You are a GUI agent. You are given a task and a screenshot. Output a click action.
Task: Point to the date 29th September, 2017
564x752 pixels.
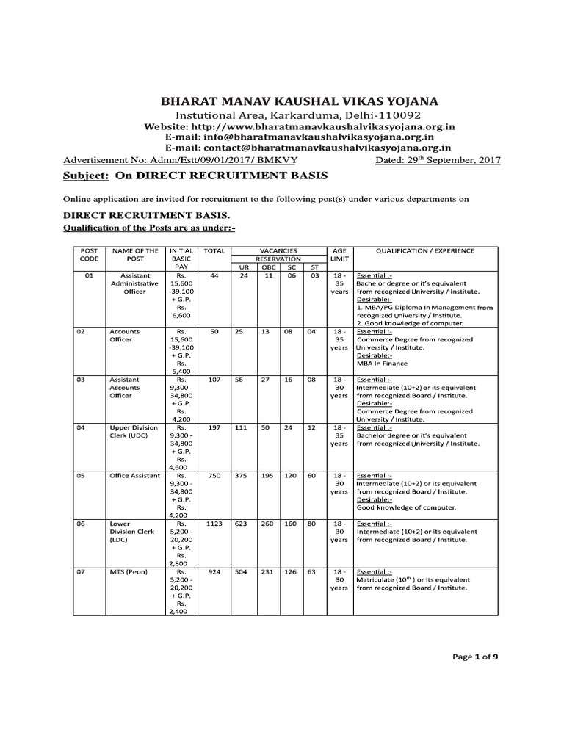click(x=438, y=159)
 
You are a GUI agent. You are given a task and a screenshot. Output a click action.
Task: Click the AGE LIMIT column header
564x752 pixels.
click(x=339, y=255)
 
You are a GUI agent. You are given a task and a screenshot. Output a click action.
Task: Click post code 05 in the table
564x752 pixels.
click(x=82, y=476)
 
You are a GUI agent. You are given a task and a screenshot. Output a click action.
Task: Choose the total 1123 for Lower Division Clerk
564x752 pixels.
click(x=214, y=524)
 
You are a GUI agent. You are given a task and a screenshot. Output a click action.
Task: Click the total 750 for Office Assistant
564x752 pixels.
click(x=214, y=476)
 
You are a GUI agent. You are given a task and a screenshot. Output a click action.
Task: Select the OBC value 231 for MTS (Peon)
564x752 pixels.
click(x=267, y=571)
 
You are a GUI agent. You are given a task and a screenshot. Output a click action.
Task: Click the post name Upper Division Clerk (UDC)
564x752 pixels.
click(x=134, y=432)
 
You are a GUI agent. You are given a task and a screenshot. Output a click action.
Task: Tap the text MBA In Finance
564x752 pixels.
click(x=382, y=364)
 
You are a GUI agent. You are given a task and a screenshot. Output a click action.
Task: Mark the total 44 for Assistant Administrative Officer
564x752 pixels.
click(x=214, y=275)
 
